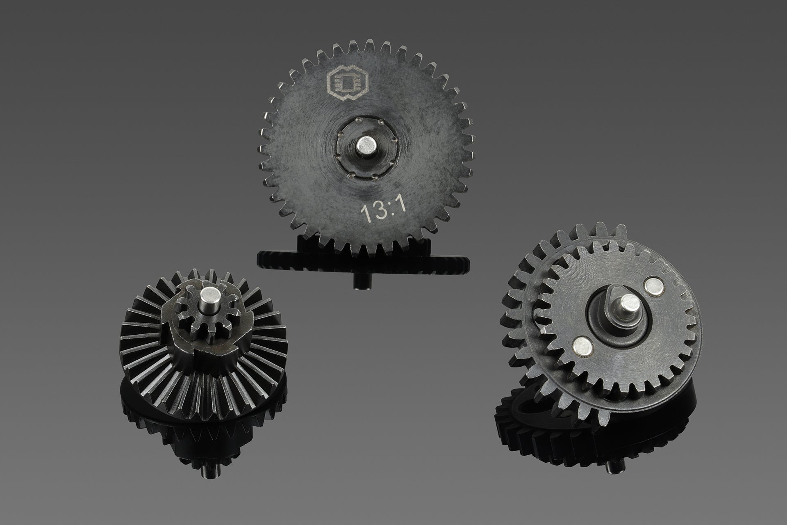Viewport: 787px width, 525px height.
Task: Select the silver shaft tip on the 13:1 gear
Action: click(365, 146)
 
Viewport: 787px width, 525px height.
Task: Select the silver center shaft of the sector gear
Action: click(627, 304)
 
